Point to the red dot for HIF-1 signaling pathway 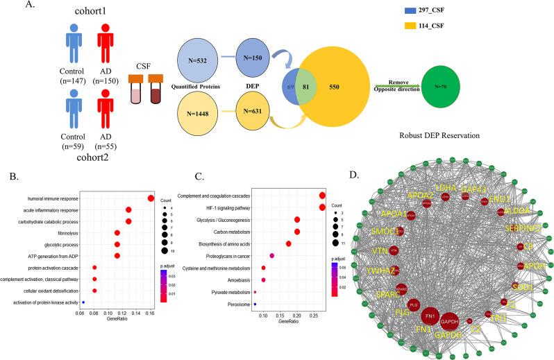pos(322,207)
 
